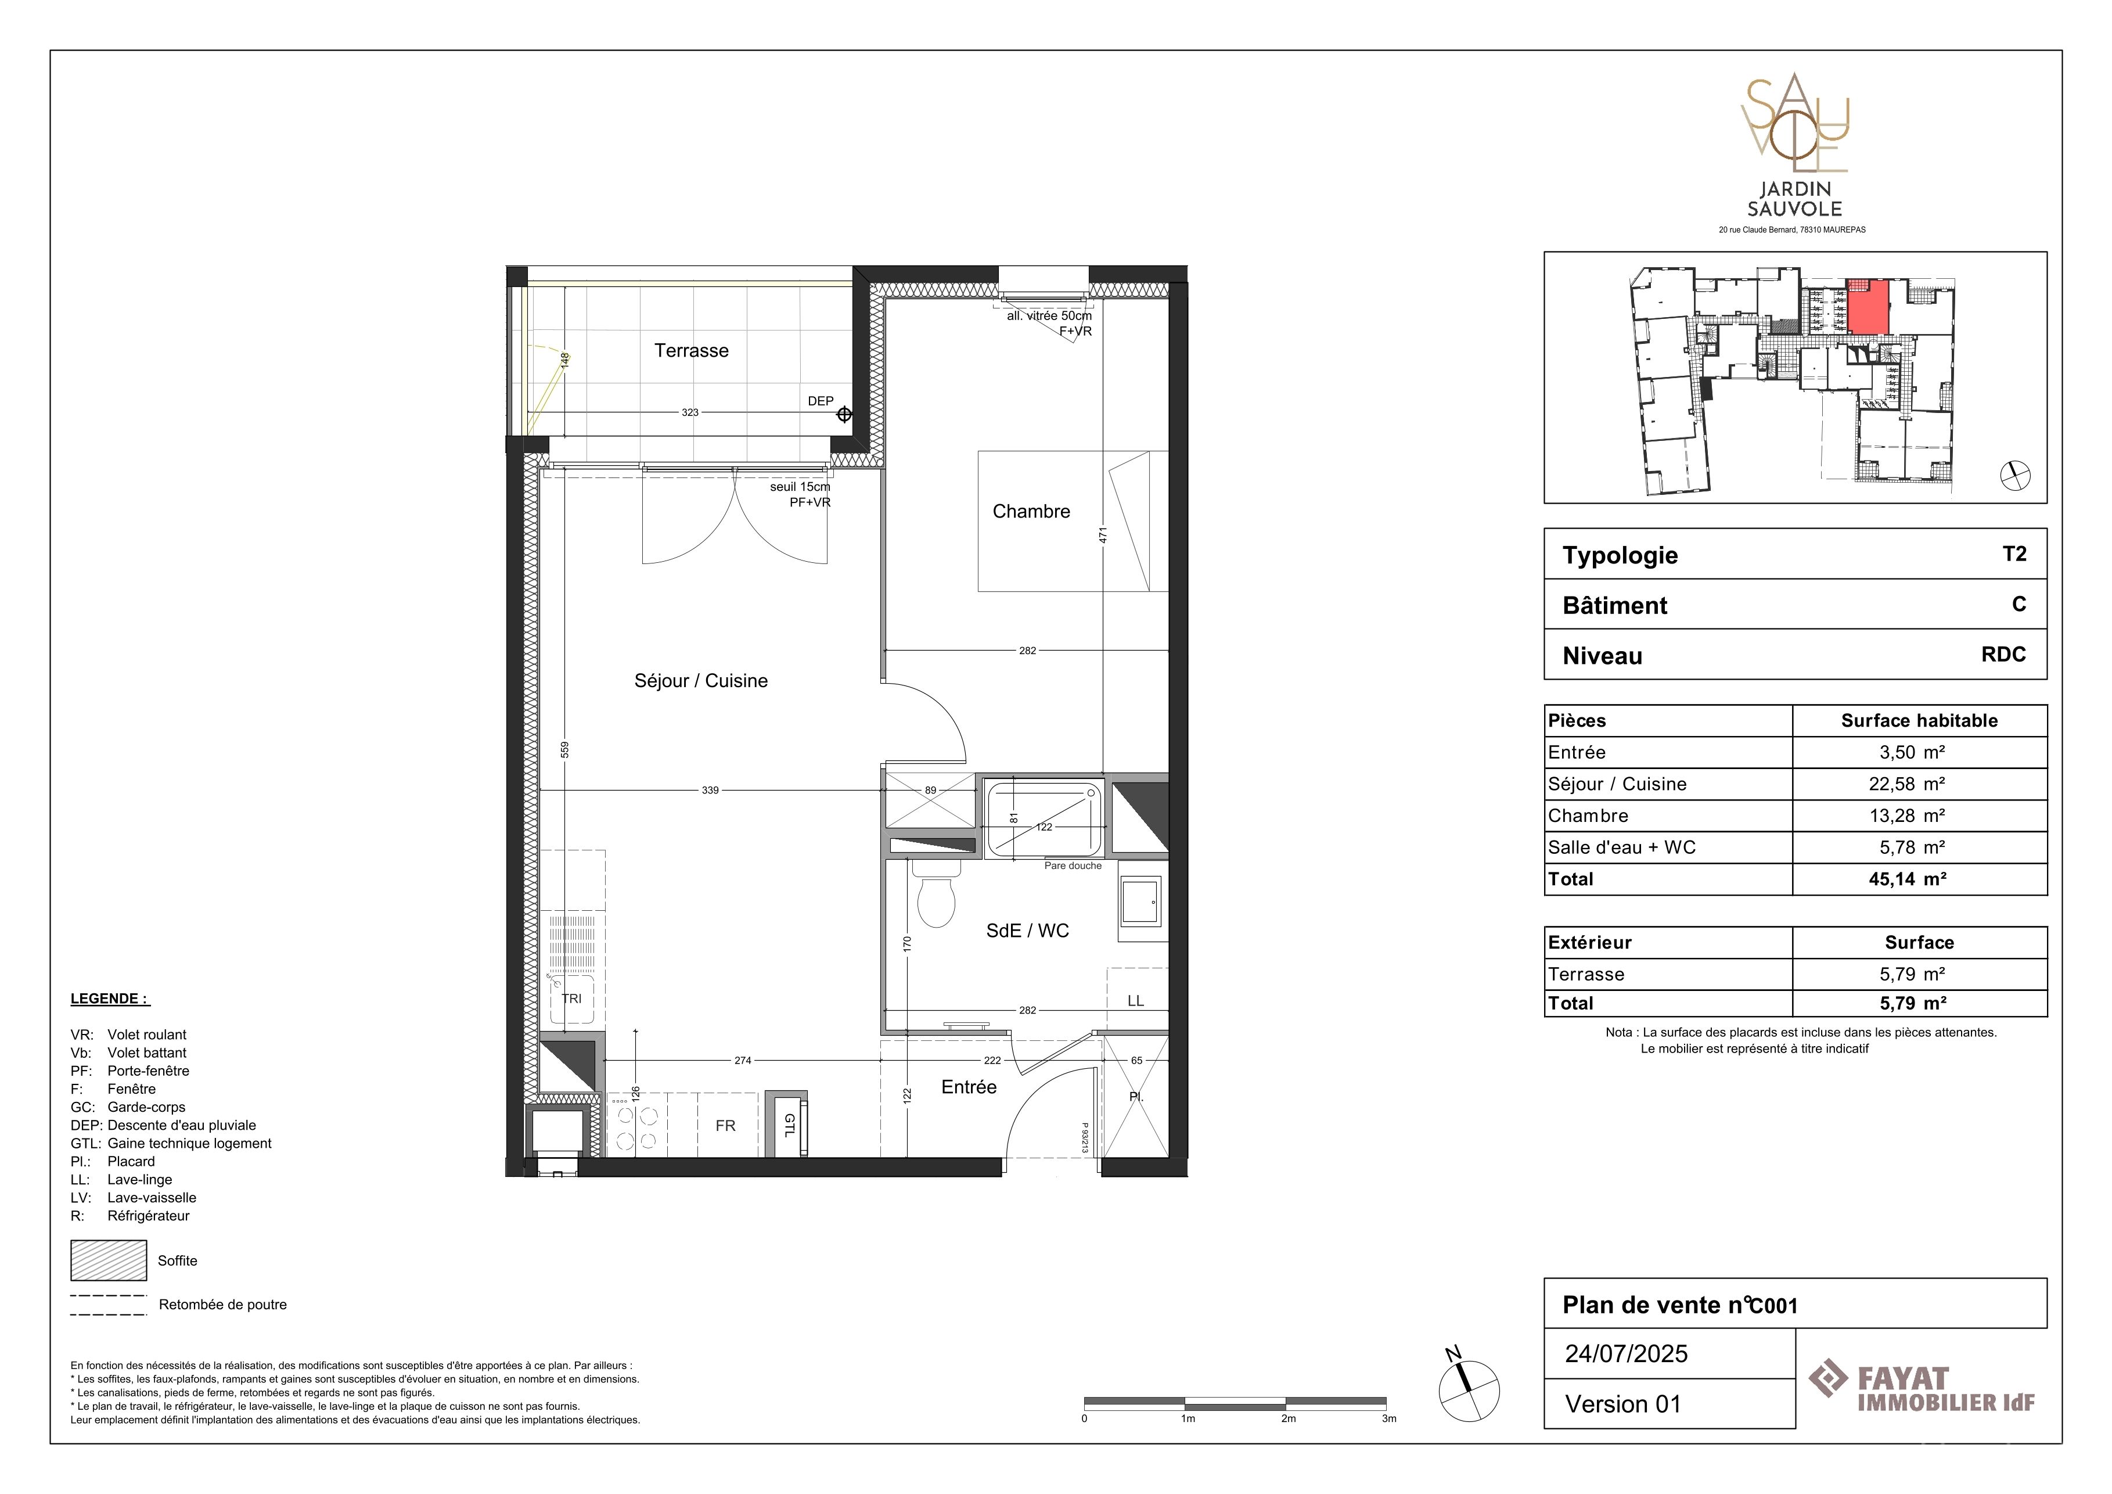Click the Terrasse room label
[x=691, y=350]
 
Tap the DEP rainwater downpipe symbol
[x=844, y=415]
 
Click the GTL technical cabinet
[x=789, y=1125]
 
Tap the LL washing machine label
[x=1135, y=1001]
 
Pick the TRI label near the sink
[x=571, y=998]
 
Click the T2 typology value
[x=2014, y=554]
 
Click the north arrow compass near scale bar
[x=1469, y=1388]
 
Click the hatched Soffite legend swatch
[x=109, y=1260]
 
